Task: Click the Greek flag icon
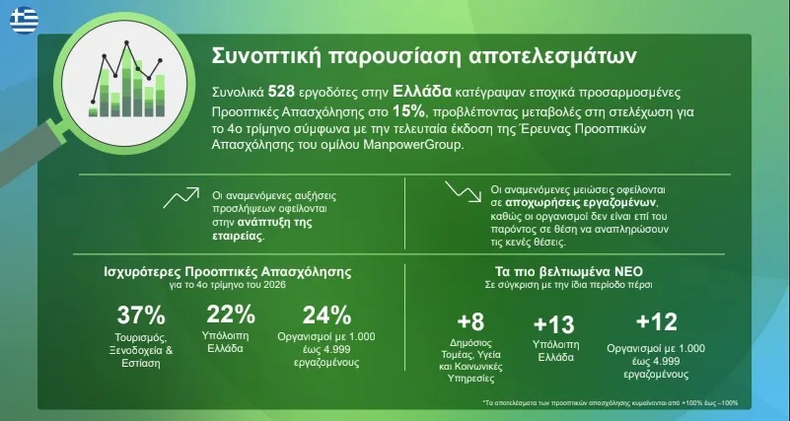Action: click(24, 21)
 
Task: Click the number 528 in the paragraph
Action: click(280, 92)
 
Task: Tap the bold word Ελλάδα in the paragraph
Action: click(422, 92)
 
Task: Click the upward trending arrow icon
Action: click(180, 197)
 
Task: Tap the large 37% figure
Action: click(141, 316)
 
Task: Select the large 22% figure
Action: click(231, 315)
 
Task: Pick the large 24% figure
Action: click(326, 316)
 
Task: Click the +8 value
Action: click(470, 321)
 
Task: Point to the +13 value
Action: click(553, 324)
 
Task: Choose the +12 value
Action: click(657, 321)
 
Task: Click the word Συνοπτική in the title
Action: click(266, 56)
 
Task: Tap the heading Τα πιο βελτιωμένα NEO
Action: click(569, 272)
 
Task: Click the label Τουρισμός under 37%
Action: click(141, 337)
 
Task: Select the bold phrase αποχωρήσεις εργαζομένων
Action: click(582, 203)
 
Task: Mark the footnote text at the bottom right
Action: click(610, 403)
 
